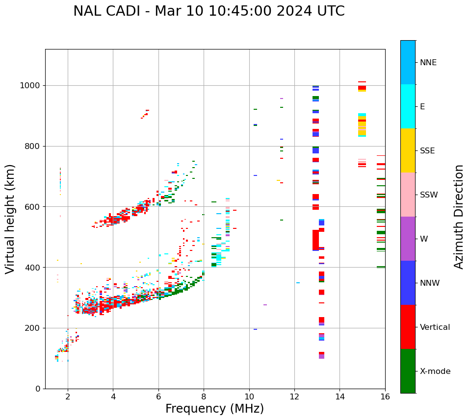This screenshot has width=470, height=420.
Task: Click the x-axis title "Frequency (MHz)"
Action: pyautogui.click(x=214, y=409)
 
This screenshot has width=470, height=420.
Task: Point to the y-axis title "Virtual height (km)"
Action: pyautogui.click(x=10, y=219)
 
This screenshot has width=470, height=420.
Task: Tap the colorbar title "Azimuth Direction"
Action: pyautogui.click(x=459, y=217)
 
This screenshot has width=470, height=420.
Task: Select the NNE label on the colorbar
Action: pyautogui.click(x=428, y=63)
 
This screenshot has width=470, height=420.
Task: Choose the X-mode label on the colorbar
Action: pyautogui.click(x=435, y=371)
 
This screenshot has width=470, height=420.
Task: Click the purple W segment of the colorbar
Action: pyautogui.click(x=408, y=239)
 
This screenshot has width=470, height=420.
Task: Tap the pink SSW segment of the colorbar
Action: pyautogui.click(x=408, y=195)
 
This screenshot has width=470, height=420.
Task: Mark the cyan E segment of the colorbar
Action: pyautogui.click(x=408, y=106)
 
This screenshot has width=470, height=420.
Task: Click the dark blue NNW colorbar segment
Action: pyautogui.click(x=408, y=283)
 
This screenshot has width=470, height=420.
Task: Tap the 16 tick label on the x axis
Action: pyautogui.click(x=385, y=396)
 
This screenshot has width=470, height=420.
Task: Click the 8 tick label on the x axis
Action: pyautogui.click(x=204, y=396)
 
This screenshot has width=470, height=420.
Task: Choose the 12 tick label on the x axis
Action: pyautogui.click(x=294, y=396)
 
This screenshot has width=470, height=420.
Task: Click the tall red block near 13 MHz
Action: pyautogui.click(x=315, y=240)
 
